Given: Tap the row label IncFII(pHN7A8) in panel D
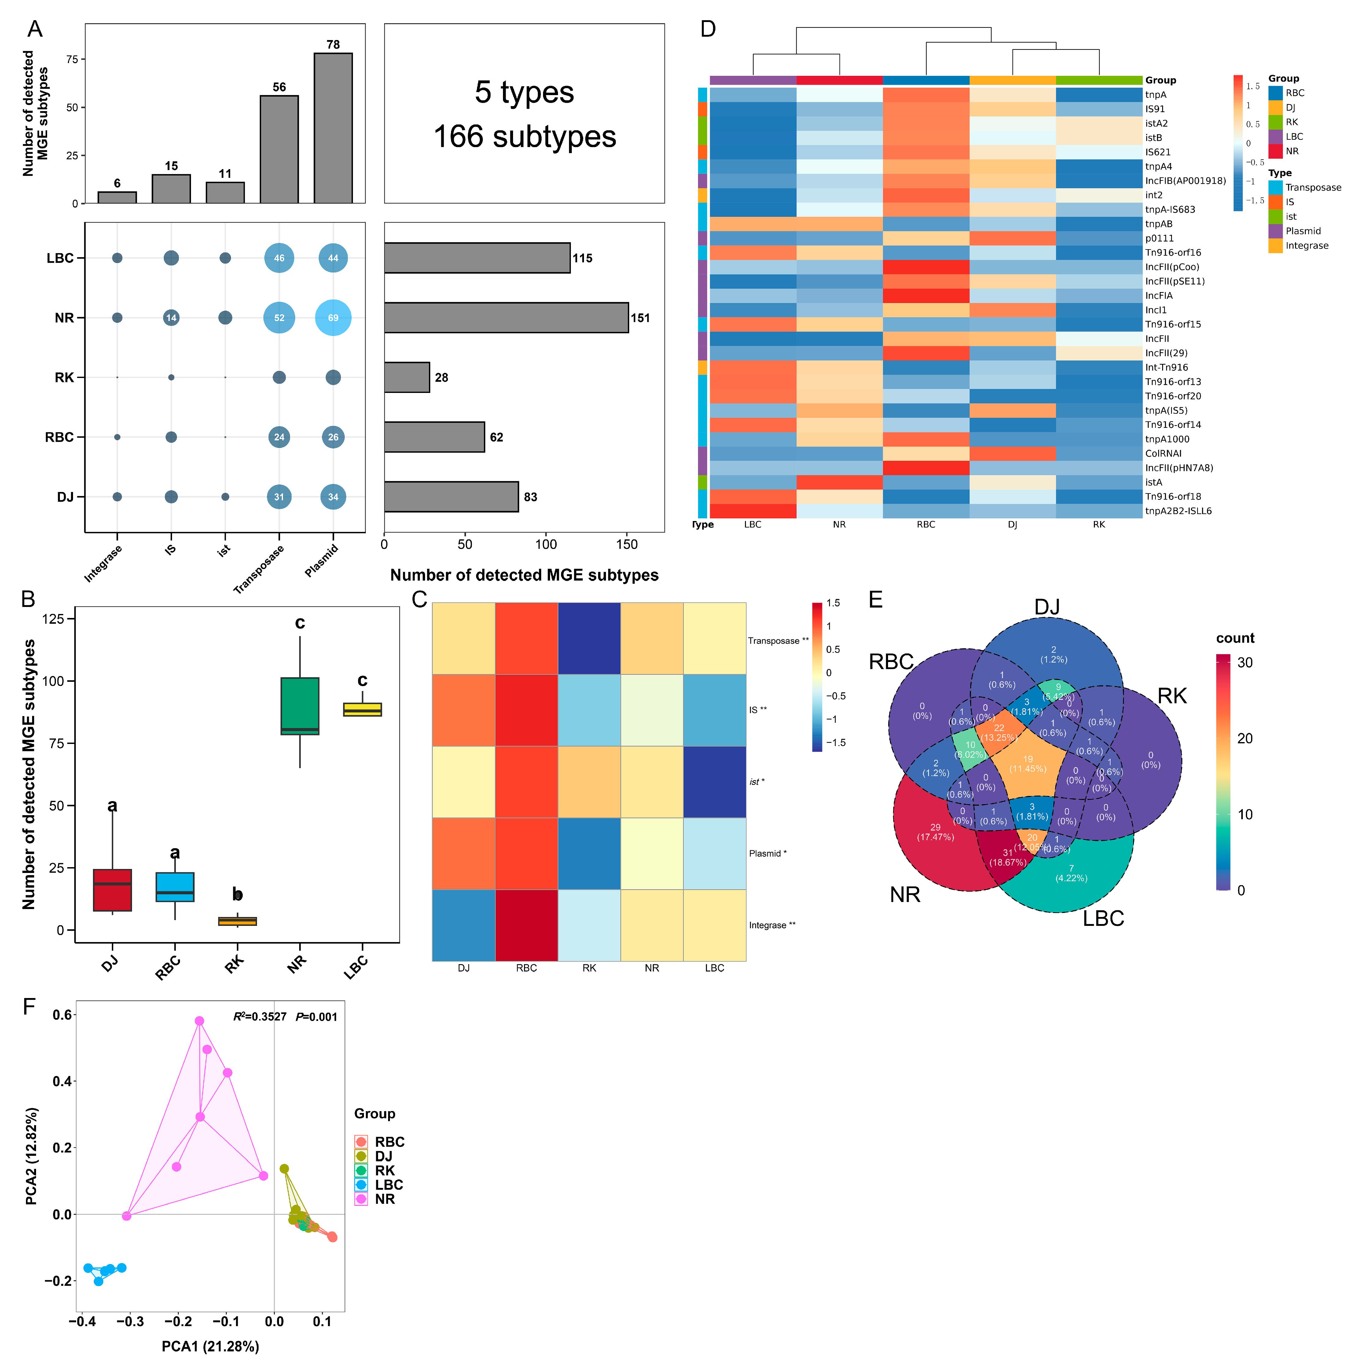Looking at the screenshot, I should pyautogui.click(x=1178, y=468).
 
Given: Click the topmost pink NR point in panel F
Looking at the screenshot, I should pyautogui.click(x=200, y=1021).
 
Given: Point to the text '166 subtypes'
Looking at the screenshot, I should pyautogui.click(x=524, y=137).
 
